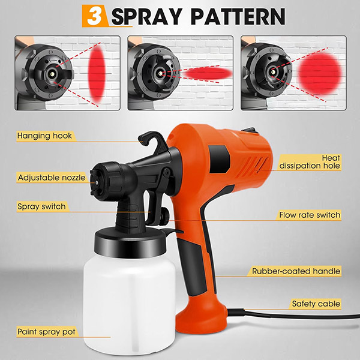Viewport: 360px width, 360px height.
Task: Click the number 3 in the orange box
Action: coord(95,16)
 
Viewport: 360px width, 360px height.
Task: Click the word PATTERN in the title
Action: coord(238,16)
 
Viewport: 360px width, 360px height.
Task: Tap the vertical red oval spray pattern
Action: coord(97,73)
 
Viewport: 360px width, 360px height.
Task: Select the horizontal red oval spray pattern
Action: coord(208,73)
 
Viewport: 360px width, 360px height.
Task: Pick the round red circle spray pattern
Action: coord(320,73)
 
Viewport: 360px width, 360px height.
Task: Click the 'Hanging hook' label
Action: coord(44,136)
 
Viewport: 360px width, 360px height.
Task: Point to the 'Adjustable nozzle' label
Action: coord(52,178)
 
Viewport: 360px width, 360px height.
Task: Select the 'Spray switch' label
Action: coord(41,206)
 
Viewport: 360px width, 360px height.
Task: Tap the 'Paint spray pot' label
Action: coord(46,332)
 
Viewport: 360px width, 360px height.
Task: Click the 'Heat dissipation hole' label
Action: coord(310,162)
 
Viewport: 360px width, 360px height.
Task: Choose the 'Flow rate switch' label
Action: coord(310,215)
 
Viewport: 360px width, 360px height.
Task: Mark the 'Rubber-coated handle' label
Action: coord(296,271)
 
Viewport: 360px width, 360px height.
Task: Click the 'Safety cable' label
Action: coord(316,304)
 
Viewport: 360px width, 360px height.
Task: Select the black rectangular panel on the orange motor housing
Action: coord(219,159)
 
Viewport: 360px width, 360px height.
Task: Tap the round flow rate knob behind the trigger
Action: coord(165,215)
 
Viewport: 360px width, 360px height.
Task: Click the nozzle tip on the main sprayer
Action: coord(97,182)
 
